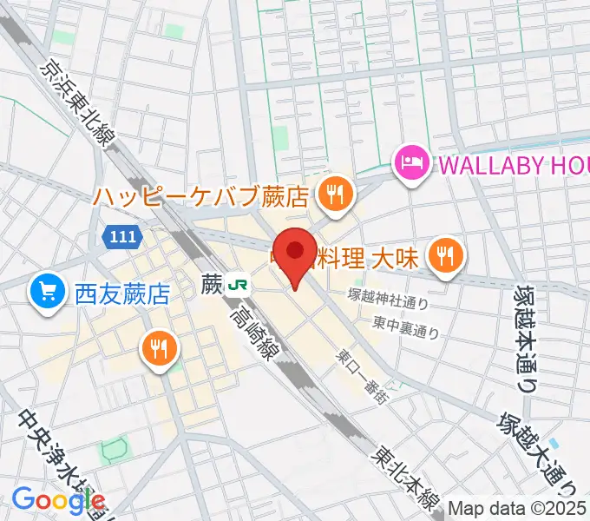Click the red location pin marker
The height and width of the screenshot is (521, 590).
[x=295, y=253]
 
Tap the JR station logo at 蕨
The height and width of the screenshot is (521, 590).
[x=237, y=284]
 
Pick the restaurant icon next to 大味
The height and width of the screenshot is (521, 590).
[x=447, y=255]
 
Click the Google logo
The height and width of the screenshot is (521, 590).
[x=58, y=499]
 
